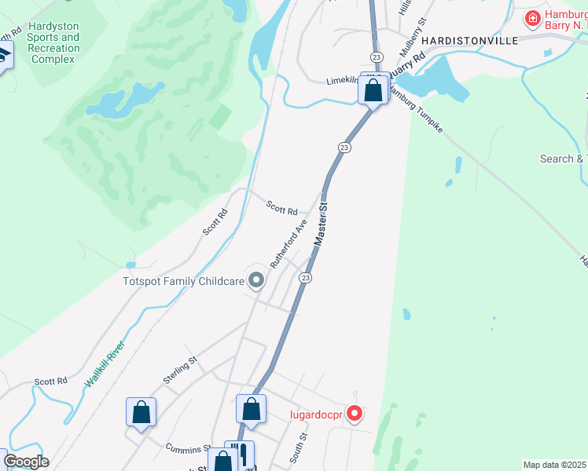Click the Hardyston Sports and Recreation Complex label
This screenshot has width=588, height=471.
[53, 42]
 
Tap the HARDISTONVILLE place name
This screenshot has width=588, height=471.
[470, 40]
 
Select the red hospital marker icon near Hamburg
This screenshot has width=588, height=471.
[533, 17]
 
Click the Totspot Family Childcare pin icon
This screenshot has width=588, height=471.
[256, 279]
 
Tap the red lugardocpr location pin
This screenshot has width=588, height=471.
[355, 412]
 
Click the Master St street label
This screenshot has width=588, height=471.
[320, 227]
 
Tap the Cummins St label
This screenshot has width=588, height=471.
[184, 448]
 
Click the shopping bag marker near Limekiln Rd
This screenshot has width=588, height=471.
[373, 90]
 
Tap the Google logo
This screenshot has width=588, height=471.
[26, 462]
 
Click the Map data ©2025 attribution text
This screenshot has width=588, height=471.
[554, 465]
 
